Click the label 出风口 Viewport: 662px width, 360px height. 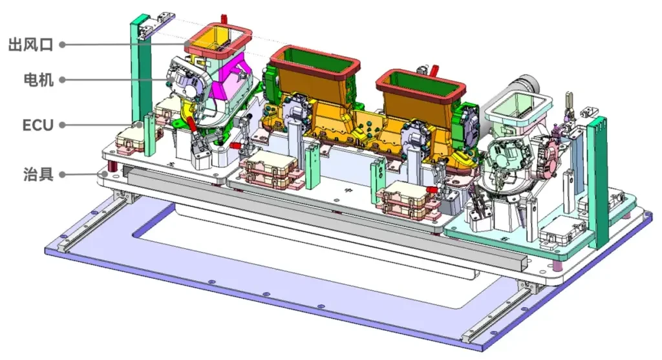pos(31,45)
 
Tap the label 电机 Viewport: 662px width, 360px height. pos(38,79)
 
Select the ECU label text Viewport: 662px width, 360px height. pos(38,125)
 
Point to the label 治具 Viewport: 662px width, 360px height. pos(38,174)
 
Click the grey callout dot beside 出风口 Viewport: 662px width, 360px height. pos(62,45)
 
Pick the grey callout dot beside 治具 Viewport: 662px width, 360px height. pos(62,174)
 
